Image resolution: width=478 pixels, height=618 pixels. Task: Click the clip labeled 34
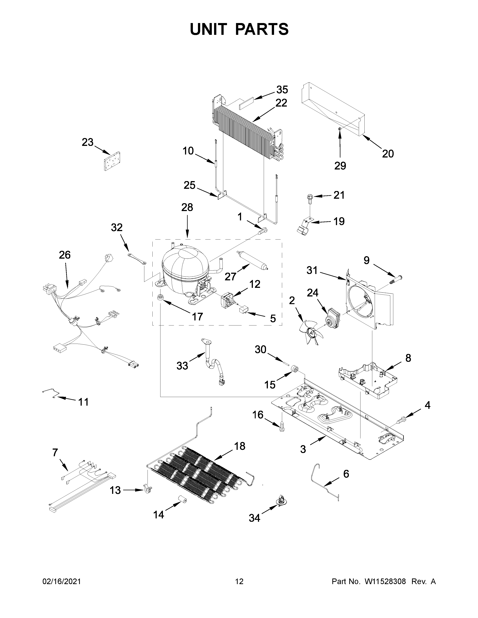pyautogui.click(x=281, y=501)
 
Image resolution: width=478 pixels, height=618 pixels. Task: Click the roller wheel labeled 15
pyautogui.click(x=295, y=369)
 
